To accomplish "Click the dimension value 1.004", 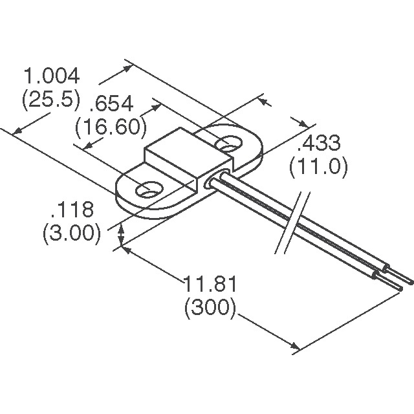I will tap(52, 76).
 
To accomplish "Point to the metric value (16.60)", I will tap(110, 127).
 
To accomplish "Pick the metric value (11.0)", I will tap(318, 167).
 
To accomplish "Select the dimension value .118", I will tap(72, 210).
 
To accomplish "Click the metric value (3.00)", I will tap(72, 233).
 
